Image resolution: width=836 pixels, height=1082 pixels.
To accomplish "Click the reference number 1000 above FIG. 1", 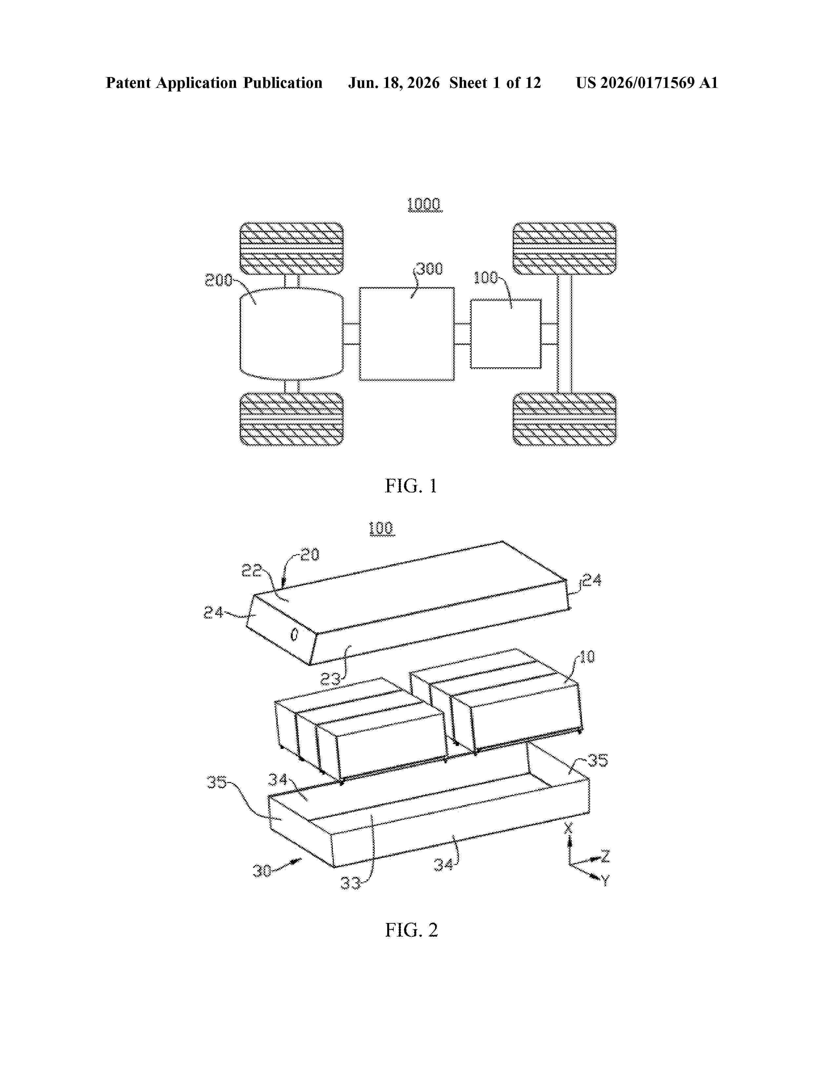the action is pyautogui.click(x=425, y=204).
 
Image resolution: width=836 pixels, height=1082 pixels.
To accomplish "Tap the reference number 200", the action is pyautogui.click(x=218, y=280).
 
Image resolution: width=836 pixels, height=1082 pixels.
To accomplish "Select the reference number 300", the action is pyautogui.click(x=429, y=269).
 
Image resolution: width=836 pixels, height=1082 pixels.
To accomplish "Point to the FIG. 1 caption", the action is pyautogui.click(x=411, y=486).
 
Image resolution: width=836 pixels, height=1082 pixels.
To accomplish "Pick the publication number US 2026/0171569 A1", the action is pyautogui.click(x=647, y=83).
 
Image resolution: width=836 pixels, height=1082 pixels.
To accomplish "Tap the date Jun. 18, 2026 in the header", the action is pyautogui.click(x=394, y=83).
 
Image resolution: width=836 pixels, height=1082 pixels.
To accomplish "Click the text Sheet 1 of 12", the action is pyautogui.click(x=495, y=83).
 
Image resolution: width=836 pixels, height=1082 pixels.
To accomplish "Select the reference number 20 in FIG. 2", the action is pyautogui.click(x=310, y=554).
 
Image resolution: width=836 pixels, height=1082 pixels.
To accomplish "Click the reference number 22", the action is pyautogui.click(x=251, y=571).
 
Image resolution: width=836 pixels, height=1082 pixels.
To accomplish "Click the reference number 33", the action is pyautogui.click(x=351, y=883).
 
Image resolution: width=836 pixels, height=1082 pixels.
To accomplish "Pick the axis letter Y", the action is pyautogui.click(x=605, y=880).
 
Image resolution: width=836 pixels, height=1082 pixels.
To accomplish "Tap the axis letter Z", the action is pyautogui.click(x=605, y=855).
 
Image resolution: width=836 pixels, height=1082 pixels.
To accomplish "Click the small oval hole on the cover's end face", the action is pyautogui.click(x=294, y=635).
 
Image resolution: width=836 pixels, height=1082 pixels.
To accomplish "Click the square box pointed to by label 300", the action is pyautogui.click(x=407, y=334).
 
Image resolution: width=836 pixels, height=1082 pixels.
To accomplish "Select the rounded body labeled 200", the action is pyautogui.click(x=291, y=334).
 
